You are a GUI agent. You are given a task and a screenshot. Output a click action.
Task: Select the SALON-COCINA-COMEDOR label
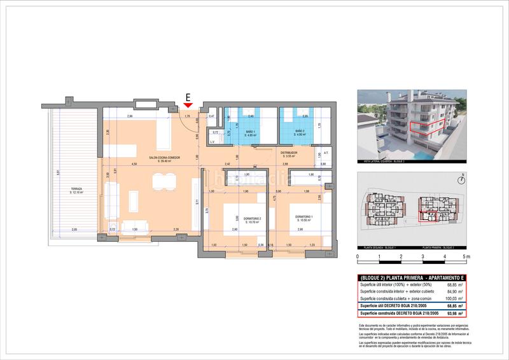165,158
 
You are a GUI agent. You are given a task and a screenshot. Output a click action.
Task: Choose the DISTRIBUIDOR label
290,153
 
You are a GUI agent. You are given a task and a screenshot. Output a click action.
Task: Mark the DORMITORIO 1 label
305,218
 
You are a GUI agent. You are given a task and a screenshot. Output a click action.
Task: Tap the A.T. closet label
325,153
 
